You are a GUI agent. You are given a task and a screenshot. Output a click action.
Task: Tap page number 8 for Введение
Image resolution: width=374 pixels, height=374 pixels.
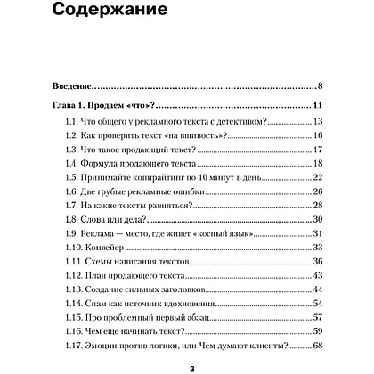(x=320, y=86)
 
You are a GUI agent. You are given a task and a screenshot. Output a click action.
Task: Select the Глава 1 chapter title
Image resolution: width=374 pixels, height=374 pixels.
(x=98, y=107)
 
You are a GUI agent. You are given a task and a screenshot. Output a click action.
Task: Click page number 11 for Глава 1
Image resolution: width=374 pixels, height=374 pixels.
(x=317, y=107)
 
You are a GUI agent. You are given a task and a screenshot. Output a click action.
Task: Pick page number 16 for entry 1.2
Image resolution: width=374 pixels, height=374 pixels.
(x=317, y=136)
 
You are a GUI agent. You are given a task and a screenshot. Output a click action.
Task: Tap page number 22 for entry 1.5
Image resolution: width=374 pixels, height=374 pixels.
(x=317, y=179)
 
